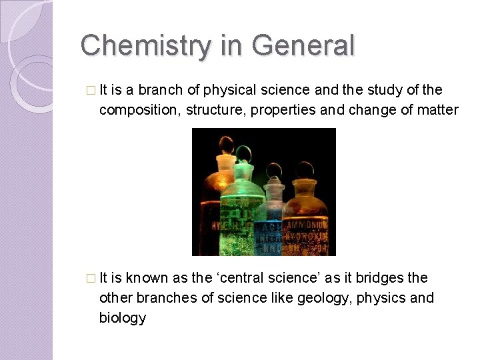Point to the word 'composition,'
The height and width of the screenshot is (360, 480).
click(x=139, y=110)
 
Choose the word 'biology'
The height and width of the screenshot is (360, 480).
click(x=123, y=317)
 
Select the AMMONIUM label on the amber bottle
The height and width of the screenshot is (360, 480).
click(x=307, y=225)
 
